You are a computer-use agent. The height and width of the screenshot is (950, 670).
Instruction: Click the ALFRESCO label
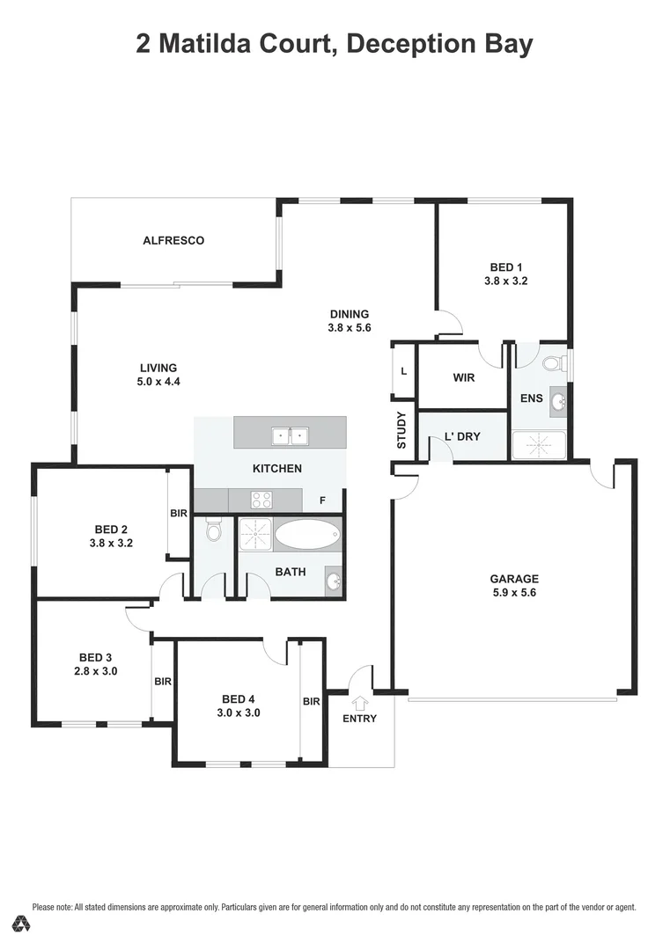173,240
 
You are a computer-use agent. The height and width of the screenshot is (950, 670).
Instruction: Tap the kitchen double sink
290,434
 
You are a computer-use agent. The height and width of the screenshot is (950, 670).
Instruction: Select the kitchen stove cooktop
261,500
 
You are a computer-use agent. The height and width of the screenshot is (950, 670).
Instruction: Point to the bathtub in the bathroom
307,533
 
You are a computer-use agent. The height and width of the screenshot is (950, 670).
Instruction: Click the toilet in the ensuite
552,362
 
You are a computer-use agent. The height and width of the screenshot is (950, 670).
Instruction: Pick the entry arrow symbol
359,703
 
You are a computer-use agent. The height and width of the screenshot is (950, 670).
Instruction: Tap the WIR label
464,377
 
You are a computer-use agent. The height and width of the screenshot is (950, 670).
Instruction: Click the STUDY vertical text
401,431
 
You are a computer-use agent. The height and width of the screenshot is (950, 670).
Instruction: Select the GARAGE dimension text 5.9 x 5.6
514,593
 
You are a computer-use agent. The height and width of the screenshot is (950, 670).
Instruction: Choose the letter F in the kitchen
323,501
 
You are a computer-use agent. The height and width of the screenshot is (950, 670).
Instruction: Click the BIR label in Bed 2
179,513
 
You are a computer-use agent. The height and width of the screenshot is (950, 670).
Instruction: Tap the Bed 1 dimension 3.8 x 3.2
505,281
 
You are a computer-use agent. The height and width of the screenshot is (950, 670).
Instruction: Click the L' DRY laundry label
463,435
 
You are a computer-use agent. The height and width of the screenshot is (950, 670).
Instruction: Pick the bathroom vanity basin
334,582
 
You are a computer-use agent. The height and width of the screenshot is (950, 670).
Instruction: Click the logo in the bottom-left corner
22,924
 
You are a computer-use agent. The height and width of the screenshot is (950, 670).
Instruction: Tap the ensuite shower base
539,445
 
